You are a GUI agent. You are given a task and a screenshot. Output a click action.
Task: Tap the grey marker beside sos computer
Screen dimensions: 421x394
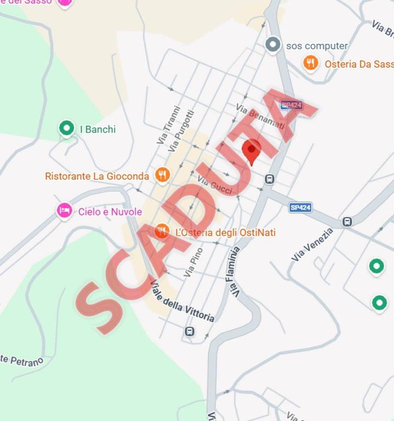click(273, 44)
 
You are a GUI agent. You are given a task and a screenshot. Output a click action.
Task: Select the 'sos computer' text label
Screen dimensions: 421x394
click(317, 45)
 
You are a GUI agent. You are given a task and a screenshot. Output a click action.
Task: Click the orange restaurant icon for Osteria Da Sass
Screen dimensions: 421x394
click(311, 64)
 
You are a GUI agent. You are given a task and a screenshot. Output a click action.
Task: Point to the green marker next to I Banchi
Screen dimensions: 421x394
click(66, 129)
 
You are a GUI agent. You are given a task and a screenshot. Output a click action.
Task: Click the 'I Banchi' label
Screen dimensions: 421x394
click(98, 129)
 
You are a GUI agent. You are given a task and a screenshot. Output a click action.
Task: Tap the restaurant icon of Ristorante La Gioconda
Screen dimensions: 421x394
click(162, 175)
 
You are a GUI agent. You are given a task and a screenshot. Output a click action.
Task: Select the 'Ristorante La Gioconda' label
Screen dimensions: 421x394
click(97, 176)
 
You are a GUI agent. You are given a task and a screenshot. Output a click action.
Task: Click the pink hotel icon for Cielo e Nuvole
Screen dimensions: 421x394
click(65, 210)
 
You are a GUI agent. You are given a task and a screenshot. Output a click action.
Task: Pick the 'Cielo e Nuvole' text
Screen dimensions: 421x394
click(110, 212)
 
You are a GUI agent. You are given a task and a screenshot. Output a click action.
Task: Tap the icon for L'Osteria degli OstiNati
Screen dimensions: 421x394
click(162, 231)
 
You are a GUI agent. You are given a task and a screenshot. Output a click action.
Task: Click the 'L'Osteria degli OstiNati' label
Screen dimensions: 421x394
click(225, 232)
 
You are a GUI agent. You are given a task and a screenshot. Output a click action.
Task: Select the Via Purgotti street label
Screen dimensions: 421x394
click(182, 132)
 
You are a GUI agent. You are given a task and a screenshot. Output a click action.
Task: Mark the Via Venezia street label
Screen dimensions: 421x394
click(312, 245)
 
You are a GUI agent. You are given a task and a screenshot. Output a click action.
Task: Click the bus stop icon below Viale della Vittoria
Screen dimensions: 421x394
click(189, 331)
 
